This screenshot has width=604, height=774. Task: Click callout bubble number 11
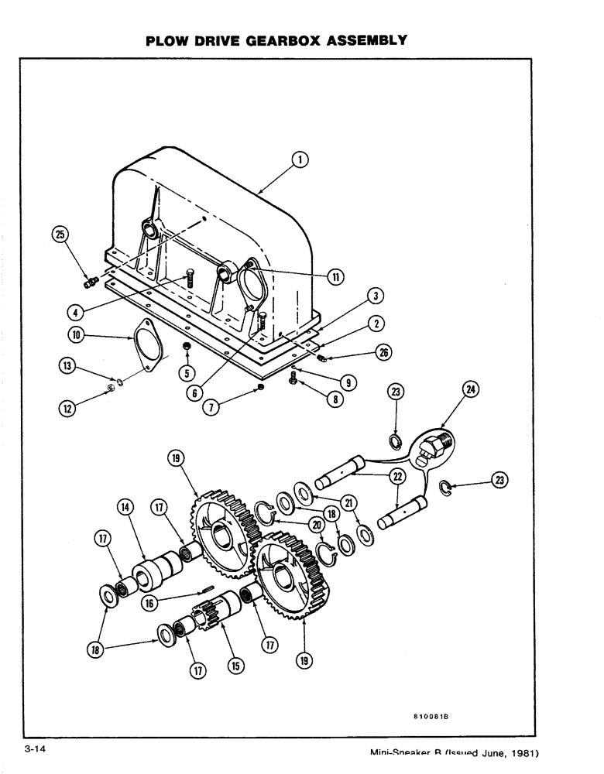pos(335,276)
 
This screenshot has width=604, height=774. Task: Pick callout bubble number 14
pos(125,509)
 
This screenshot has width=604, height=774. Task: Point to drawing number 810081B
pos(427,717)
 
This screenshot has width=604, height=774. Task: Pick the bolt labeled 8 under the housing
pos(293,379)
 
